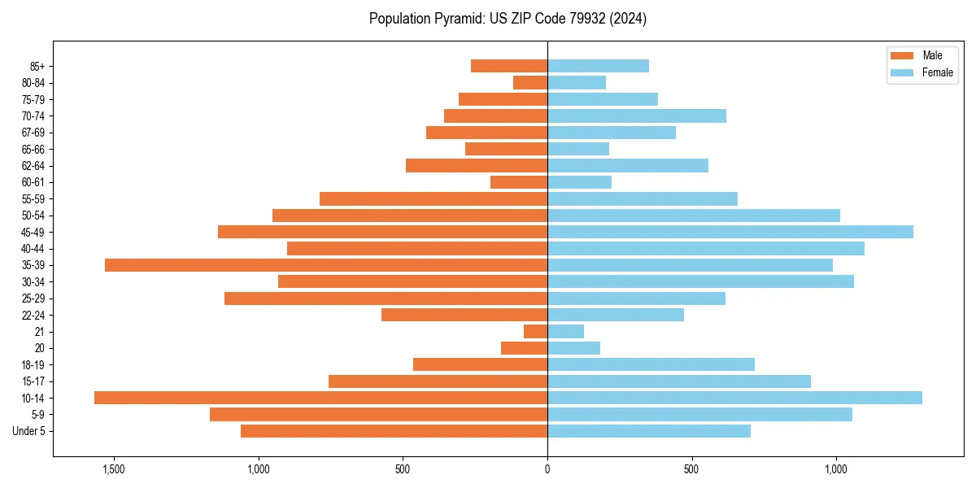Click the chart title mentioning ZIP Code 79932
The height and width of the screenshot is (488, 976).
click(508, 19)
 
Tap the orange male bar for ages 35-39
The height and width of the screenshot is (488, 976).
click(325, 265)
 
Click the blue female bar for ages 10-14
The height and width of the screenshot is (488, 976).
click(734, 398)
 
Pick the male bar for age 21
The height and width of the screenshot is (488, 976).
click(535, 331)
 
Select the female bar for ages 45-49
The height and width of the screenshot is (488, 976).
click(730, 232)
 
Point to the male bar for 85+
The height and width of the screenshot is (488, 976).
click(508, 66)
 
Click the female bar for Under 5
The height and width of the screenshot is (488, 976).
click(648, 431)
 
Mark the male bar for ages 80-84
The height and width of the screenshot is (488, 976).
click(529, 82)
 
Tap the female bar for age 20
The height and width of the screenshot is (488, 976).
click(573, 348)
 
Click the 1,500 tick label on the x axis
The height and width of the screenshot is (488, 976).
click(113, 469)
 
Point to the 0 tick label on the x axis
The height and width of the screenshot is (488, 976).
click(547, 469)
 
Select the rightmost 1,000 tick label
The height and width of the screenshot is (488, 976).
click(836, 469)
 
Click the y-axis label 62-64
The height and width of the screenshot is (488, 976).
click(33, 166)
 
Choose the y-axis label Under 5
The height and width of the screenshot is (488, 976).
click(29, 431)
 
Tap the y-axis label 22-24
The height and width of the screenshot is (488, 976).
click(33, 315)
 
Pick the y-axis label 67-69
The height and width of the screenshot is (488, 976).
click(33, 133)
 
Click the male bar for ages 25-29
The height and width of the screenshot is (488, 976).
click(386, 298)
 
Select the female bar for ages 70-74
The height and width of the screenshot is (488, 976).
click(636, 115)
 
